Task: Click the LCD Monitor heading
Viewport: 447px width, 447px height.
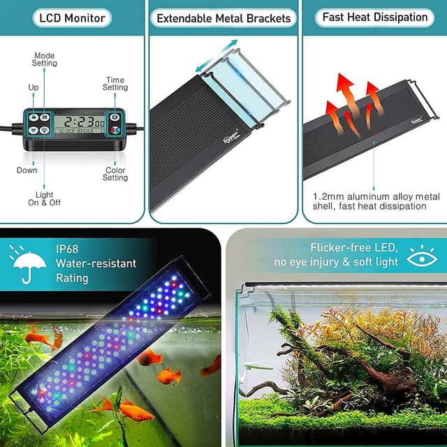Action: point(73,18)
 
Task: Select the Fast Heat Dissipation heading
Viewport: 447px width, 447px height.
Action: point(374,17)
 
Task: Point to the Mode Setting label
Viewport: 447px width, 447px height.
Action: point(45,59)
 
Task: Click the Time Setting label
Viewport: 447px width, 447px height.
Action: point(115,85)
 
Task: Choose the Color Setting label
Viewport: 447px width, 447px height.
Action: point(115,173)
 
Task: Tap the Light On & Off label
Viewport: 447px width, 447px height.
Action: point(45,199)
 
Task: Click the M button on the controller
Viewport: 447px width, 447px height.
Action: point(45,118)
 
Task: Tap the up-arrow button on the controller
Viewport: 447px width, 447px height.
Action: point(34,118)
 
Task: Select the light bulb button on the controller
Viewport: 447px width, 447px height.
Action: point(45,129)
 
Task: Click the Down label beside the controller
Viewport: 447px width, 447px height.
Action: point(27,170)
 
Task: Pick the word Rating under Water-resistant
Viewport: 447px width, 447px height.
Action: point(73,278)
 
